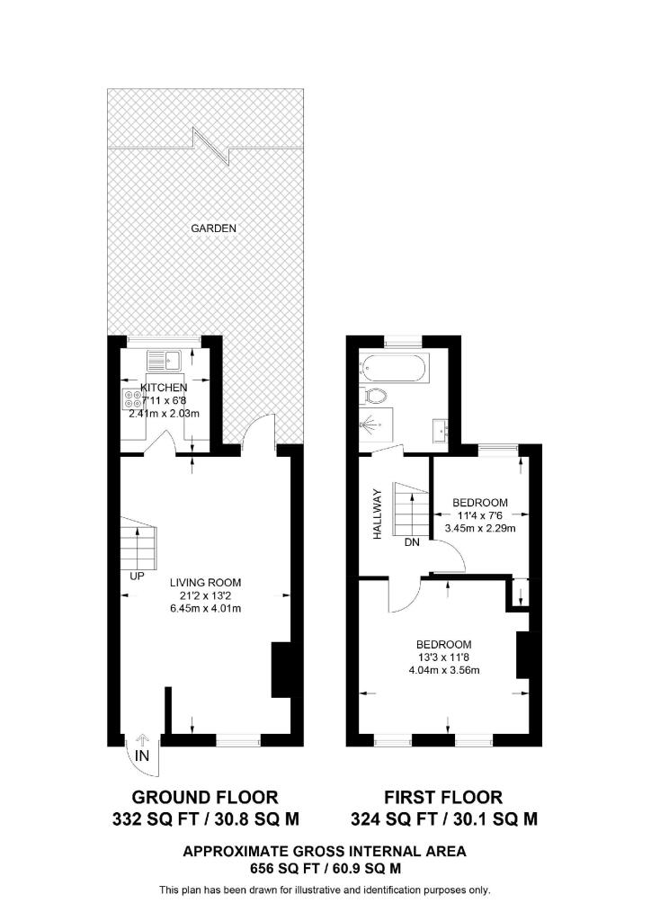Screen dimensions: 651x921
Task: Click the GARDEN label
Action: pos(214,228)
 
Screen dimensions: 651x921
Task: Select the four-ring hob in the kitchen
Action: pos(132,398)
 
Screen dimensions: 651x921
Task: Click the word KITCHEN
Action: pos(164,388)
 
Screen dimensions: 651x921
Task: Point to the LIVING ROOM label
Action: pos(205,583)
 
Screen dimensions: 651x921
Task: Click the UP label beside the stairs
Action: pos(137,577)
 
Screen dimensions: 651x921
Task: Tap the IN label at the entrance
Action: pos(142,756)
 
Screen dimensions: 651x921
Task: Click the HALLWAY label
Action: pos(378,514)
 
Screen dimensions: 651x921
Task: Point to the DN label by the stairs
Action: pos(412,542)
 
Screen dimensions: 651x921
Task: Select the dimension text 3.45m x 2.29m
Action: pos(480,528)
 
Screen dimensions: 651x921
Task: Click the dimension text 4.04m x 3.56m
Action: pos(444,670)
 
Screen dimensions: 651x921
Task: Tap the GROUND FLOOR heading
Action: pos(205,797)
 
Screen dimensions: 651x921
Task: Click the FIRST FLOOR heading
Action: pos(444,797)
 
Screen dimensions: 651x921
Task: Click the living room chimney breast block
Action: pos(281,669)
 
